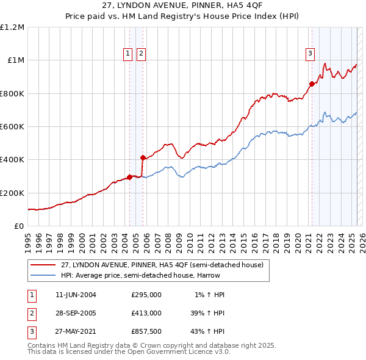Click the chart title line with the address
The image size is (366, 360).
click(182, 7)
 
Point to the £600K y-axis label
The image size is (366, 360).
click(12, 126)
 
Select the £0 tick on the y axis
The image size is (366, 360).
click(18, 226)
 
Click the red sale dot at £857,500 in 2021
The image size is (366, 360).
click(312, 84)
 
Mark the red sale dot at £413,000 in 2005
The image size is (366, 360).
click(143, 157)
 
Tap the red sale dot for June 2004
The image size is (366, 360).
click(129, 177)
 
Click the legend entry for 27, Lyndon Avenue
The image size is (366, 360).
click(162, 265)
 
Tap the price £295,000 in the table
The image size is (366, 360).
click(146, 295)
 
